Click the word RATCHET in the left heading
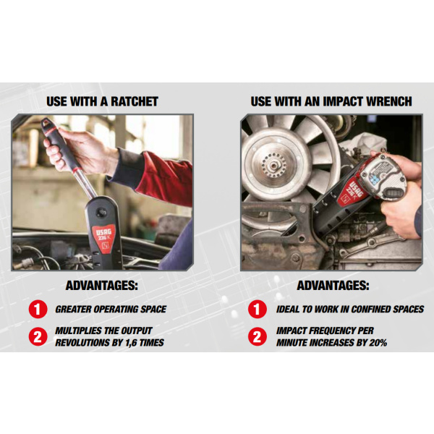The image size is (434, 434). coord(135,101)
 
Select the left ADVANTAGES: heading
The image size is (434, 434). coord(101,286)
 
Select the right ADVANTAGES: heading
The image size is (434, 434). coord(333,286)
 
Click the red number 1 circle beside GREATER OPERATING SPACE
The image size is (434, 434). coord(38,309)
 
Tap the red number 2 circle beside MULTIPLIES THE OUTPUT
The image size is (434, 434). coord(38,336)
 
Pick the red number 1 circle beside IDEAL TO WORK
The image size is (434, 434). coord(258,309)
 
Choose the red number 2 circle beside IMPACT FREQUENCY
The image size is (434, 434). coord(258,336)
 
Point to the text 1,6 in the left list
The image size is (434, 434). coord(131,343)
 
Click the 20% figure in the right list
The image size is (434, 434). coord(378,343)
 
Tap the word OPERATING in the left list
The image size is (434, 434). coord(116,309)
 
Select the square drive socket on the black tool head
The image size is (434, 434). coord(101,213)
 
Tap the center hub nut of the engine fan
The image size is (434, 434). coord(273,166)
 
